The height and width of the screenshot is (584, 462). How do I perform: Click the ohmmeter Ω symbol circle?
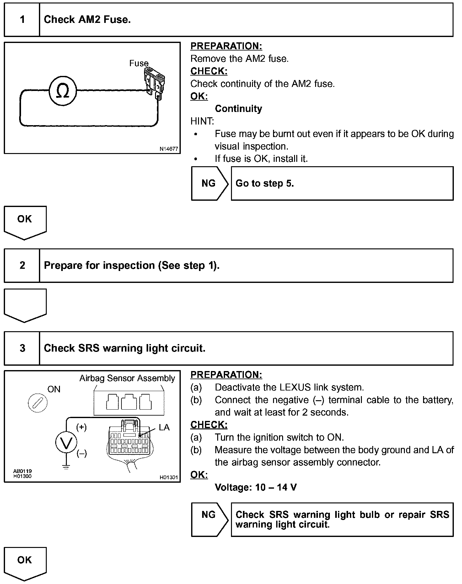click(63, 91)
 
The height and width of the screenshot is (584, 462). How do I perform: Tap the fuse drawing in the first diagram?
click(154, 83)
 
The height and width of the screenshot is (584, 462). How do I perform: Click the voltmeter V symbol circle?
click(66, 443)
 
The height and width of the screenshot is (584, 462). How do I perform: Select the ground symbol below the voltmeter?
click(66, 467)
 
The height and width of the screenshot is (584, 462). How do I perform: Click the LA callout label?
click(164, 427)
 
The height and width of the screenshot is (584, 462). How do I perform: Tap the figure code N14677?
click(169, 149)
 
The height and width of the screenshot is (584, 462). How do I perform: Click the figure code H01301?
click(169, 477)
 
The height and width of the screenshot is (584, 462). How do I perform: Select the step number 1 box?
click(22, 20)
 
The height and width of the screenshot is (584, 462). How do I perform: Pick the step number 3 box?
click(22, 348)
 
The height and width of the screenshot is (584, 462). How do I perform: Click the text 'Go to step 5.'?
click(265, 183)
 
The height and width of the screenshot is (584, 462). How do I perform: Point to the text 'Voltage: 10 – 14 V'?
click(255, 487)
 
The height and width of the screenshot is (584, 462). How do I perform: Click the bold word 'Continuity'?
click(238, 109)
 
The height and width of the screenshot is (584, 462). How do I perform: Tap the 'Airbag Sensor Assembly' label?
click(127, 378)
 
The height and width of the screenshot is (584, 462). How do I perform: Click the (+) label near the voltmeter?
click(82, 427)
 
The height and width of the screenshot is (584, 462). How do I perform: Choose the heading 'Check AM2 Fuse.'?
click(87, 20)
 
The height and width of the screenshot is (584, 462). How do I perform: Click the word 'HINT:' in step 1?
click(202, 121)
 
